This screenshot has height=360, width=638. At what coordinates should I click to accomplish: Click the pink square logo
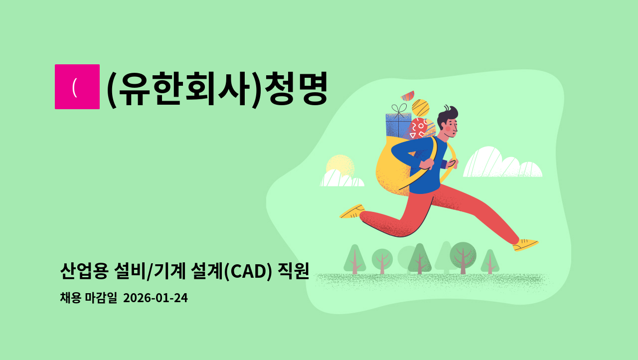point(77,87)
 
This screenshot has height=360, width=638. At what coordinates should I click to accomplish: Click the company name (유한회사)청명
point(217,89)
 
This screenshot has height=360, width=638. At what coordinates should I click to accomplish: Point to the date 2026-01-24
point(155,298)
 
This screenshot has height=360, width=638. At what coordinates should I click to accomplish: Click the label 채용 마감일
point(88,298)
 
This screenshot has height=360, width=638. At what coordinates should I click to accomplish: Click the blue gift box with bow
point(398,125)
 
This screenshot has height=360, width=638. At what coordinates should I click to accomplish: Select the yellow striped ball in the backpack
point(421,108)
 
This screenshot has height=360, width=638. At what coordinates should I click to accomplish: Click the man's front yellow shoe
point(525,244)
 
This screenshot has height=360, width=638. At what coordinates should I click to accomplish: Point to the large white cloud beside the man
point(501,164)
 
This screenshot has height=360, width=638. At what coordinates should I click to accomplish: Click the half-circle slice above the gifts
point(408,95)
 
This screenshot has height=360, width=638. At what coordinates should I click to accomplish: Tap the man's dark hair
point(448,113)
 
